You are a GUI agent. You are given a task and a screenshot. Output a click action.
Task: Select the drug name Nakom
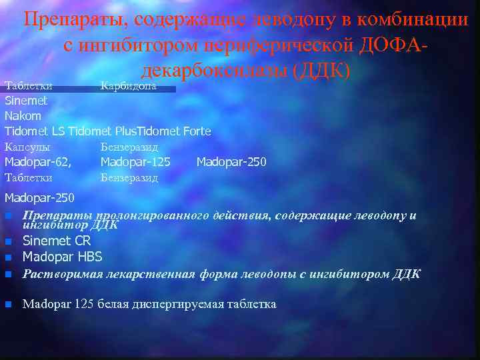23,116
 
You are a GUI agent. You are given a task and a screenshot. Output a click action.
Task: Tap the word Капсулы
27,147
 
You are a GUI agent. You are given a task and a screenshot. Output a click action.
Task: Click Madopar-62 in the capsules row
37,162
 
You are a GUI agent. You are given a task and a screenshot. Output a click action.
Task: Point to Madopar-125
135,162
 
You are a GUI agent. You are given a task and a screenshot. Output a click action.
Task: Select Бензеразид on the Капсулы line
129,147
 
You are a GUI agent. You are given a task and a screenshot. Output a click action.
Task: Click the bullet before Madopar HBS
8,257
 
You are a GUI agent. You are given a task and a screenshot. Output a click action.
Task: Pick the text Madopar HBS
62,257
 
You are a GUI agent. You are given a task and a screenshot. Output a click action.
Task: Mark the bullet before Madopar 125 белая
8,305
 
